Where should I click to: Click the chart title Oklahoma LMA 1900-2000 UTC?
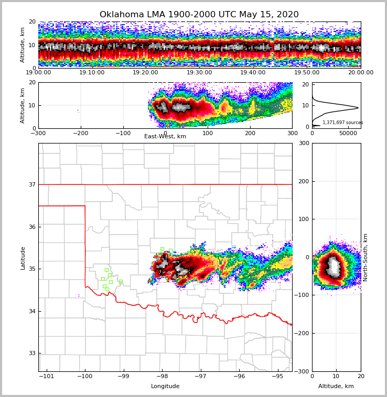tap(199, 15)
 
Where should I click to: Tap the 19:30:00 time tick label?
tap(199, 73)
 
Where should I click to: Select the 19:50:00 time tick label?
tap(307, 73)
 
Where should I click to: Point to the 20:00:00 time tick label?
tap(361, 73)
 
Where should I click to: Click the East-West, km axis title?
tap(165, 137)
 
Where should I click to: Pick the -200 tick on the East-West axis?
tap(80, 133)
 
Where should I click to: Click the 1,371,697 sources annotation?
tap(342, 123)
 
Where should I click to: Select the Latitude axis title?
tap(23, 258)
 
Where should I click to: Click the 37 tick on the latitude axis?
tap(33, 184)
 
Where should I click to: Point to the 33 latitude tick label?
tap(33, 354)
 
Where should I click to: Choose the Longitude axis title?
tap(165, 387)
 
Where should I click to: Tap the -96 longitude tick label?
tap(239, 377)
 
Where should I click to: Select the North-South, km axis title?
tap(365, 258)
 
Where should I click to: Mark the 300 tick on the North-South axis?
tap(370, 144)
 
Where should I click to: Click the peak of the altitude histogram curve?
tap(358, 108)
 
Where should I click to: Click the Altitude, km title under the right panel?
tap(336, 387)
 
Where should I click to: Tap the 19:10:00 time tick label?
tap(92, 73)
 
